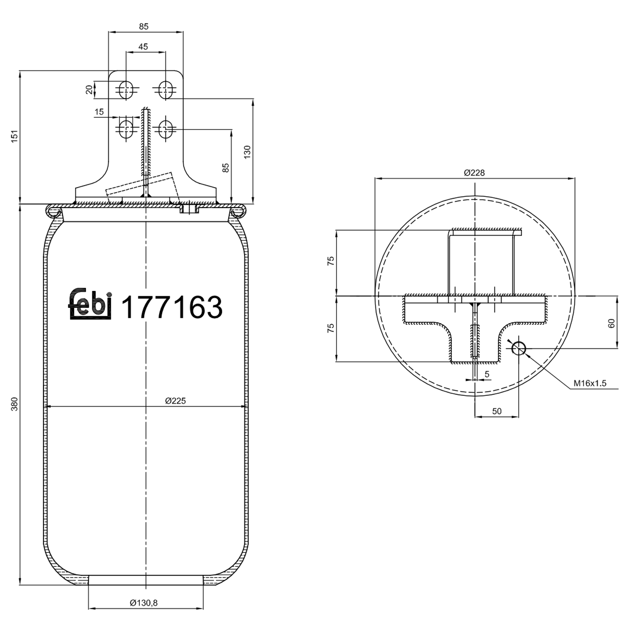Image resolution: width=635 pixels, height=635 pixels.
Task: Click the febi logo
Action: point(90,304)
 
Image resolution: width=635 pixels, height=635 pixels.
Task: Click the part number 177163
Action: point(171,307)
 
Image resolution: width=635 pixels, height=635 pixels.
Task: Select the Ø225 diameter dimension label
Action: point(175,400)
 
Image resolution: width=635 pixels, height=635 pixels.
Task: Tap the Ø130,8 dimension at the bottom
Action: point(144,603)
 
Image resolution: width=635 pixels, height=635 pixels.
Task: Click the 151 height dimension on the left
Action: point(15,137)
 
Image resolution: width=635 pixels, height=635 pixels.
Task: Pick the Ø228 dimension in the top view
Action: point(474,173)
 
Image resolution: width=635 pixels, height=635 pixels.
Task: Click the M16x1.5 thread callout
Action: point(590,384)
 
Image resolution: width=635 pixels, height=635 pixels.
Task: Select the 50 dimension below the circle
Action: point(497,411)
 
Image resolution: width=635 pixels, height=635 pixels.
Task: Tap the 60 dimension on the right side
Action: point(611,323)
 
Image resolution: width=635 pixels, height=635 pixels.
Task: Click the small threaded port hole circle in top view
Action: point(519,349)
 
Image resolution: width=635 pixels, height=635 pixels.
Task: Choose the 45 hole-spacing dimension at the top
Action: point(143,47)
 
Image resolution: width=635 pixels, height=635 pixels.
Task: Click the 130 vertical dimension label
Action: point(247,152)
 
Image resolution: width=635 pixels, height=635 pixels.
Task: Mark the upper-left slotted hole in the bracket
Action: point(126,89)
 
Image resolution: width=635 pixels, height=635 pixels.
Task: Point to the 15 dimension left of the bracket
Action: point(99,112)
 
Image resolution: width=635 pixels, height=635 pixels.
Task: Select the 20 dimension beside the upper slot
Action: point(89,89)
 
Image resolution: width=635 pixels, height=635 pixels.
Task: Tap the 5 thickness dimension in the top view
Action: point(487,374)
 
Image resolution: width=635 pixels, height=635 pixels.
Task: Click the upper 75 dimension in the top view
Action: point(331,261)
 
